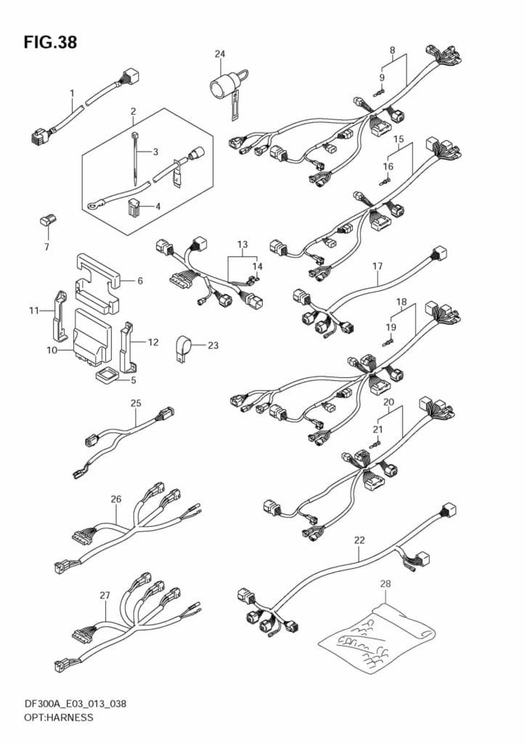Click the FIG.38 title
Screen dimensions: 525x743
50,42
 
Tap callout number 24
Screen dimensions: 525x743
219,54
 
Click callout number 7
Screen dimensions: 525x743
46,247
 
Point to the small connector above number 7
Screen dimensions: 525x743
47,221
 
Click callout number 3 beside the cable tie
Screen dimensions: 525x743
155,152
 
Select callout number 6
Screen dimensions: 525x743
140,281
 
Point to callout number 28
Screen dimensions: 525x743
385,584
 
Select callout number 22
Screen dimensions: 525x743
359,540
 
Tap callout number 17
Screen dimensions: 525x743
377,266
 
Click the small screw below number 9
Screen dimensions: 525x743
379,93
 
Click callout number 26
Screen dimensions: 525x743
116,499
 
